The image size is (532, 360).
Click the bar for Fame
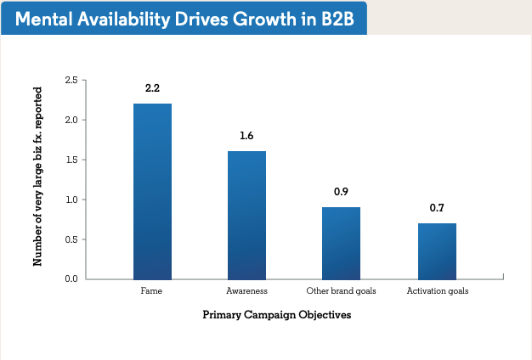153,191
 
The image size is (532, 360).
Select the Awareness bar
246,215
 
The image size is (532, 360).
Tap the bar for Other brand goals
341,243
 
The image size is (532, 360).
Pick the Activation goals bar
437,251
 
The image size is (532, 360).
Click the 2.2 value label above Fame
153,87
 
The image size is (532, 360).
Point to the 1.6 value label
246,136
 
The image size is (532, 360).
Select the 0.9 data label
341,192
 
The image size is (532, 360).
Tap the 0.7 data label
437,208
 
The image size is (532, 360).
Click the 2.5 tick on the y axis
71,80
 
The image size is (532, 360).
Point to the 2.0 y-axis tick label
71,120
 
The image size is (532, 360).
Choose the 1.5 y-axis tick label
71,160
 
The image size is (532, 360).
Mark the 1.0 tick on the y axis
71,200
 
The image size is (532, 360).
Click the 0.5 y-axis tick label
71,239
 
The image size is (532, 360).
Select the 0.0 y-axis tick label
71,278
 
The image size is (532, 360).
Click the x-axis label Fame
152,291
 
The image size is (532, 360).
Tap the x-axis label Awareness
246,291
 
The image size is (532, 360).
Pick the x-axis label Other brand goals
342,291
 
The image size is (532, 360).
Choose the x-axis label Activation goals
437,291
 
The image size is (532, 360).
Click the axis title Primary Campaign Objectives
277,315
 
